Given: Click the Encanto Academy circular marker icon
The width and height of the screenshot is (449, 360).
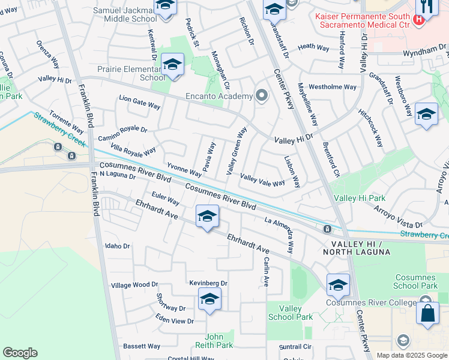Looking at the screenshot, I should pyautogui.click(x=261, y=95).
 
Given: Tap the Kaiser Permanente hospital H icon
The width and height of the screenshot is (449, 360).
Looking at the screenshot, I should pyautogui.click(x=420, y=19).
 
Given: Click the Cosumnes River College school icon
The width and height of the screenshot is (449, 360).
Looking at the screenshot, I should pyautogui.click(x=338, y=284).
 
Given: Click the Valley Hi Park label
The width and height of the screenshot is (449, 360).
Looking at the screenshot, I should pyautogui.click(x=360, y=198).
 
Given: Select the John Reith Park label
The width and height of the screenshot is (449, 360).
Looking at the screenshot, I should pyautogui.click(x=214, y=341).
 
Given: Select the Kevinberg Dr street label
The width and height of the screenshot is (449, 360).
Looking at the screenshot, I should pyautogui.click(x=208, y=283).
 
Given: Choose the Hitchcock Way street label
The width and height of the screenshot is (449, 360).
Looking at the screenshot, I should pyautogui.click(x=370, y=128).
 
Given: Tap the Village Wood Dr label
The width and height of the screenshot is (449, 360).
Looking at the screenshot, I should pyautogui.click(x=134, y=285).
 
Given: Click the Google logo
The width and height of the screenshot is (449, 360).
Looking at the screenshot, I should pyautogui.click(x=20, y=353).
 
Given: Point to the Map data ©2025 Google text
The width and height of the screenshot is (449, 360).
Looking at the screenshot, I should pyautogui.click(x=411, y=355).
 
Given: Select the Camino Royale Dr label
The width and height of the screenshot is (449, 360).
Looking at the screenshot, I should pyautogui.click(x=122, y=133).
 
